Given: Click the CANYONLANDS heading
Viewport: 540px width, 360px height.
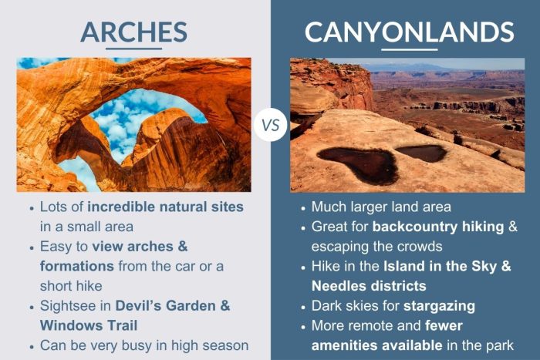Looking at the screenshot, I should [x=409, y=32].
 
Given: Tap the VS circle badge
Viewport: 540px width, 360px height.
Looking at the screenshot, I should [x=270, y=124].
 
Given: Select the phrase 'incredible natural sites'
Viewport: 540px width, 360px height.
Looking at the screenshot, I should [x=165, y=207].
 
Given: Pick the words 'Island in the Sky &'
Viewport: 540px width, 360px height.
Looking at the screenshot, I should [x=450, y=266].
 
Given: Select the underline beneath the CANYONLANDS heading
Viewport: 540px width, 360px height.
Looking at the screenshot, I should [x=409, y=49].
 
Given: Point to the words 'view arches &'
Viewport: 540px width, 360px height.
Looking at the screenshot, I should [x=140, y=247].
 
